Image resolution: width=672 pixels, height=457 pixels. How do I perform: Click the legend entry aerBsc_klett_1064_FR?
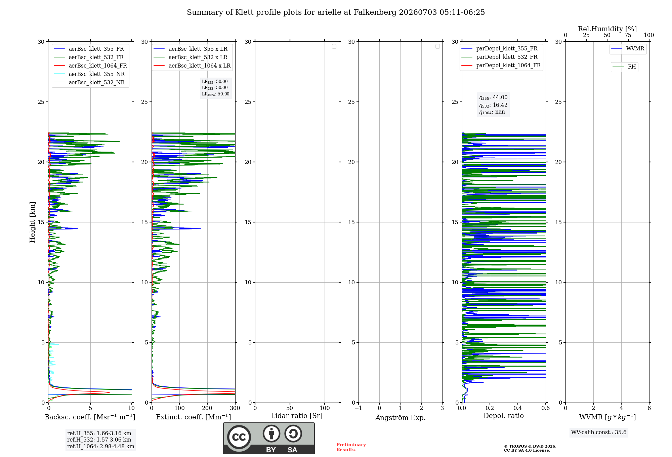click(x=90, y=66)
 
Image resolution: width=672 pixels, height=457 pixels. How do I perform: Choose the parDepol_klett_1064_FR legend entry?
click(x=501, y=65)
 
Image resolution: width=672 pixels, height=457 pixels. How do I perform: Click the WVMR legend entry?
click(x=628, y=49)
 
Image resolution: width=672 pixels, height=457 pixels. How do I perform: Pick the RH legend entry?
click(x=624, y=67)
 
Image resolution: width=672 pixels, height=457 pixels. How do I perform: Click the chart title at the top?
click(x=336, y=12)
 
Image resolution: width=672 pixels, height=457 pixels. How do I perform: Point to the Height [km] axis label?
click(x=32, y=222)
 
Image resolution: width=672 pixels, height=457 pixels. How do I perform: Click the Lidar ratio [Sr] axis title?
click(x=297, y=416)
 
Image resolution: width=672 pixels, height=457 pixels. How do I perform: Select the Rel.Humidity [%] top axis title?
click(x=607, y=29)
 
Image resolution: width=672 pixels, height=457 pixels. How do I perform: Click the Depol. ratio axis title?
click(x=504, y=416)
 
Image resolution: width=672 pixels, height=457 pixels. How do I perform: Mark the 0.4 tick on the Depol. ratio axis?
click(x=518, y=408)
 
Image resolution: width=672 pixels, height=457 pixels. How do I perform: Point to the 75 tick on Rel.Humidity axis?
click(x=628, y=35)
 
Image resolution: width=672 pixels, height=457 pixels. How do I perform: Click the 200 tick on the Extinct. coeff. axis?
click(x=207, y=408)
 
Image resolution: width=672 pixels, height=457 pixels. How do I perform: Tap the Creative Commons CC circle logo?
click(x=239, y=437)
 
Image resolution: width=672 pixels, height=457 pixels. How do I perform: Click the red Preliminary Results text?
click(x=351, y=447)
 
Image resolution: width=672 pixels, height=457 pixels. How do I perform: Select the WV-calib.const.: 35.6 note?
click(x=599, y=432)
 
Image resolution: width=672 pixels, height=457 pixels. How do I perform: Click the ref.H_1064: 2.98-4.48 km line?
click(x=101, y=446)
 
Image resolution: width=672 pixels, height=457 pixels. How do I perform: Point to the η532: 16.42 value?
click(x=493, y=105)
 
